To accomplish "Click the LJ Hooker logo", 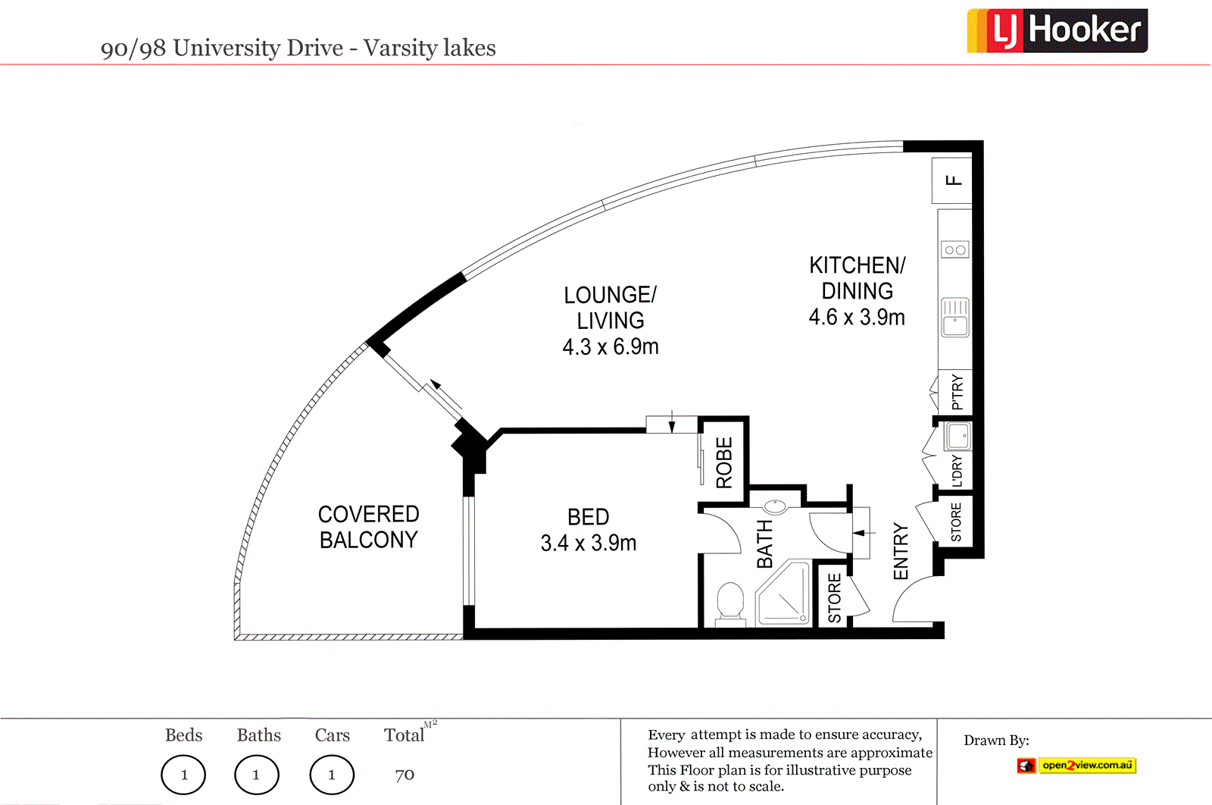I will (1057, 31).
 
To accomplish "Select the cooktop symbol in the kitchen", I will (955, 249).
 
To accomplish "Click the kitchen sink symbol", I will (955, 317).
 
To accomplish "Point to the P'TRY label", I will (957, 392).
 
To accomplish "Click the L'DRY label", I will (957, 471).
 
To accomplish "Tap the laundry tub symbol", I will (958, 437).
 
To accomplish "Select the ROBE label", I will (724, 462).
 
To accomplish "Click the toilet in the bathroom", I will (730, 603).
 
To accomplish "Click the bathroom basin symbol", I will (775, 506).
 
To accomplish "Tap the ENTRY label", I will (901, 551).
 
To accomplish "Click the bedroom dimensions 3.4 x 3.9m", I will (589, 543).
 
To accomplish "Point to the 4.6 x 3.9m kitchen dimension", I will (857, 318).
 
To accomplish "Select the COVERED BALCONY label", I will (368, 527).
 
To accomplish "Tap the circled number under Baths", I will (256, 775).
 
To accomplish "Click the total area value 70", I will (405, 775).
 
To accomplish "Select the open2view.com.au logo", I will (1077, 766).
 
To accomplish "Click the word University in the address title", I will (258, 48).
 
